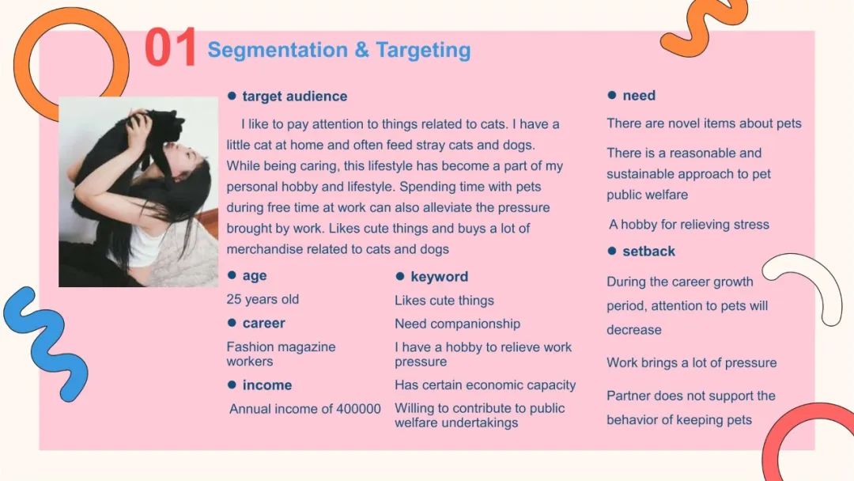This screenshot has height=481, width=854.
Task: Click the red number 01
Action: [x=171, y=47]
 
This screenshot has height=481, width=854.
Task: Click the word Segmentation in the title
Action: [x=278, y=50]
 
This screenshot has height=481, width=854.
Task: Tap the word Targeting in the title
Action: [x=423, y=50]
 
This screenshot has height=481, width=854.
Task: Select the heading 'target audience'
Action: [x=295, y=97]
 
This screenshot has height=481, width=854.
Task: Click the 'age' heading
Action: [x=255, y=275]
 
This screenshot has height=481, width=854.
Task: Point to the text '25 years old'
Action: [x=263, y=299]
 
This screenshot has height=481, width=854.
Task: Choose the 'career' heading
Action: [x=263, y=323]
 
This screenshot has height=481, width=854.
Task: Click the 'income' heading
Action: [x=267, y=385]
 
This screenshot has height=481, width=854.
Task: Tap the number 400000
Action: [x=358, y=409]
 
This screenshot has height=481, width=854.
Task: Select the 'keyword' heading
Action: [x=439, y=277]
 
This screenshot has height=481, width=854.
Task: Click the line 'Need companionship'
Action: [x=458, y=324]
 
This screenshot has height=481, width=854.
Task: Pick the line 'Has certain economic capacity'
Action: [x=486, y=385]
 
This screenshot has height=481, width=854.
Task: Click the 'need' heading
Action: [x=639, y=95]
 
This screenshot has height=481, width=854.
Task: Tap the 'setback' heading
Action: [x=648, y=251]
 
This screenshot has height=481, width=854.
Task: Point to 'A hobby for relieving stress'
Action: [x=689, y=225]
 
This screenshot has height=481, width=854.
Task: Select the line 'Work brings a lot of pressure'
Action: [x=692, y=363]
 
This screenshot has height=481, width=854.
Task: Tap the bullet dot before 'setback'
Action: [x=611, y=251]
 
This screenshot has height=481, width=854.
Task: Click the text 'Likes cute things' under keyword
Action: [x=444, y=300]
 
